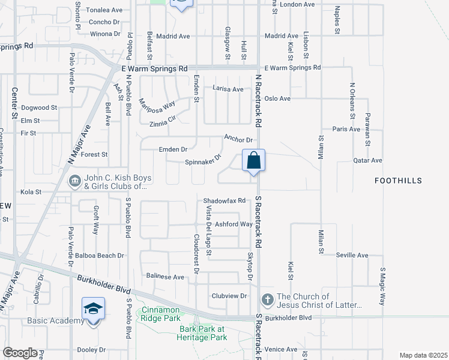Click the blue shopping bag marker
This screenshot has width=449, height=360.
click(x=254, y=161)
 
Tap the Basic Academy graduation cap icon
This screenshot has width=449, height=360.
click(x=93, y=309)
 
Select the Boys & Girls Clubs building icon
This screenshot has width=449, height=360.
click(x=74, y=179)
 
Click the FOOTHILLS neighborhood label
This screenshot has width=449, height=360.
click(x=398, y=181)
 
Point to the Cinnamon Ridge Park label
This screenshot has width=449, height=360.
click(x=161, y=314)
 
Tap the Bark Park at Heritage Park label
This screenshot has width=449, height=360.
click(x=203, y=334)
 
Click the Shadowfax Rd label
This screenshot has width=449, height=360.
click(x=224, y=200)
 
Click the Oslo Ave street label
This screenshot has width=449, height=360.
click(x=277, y=98)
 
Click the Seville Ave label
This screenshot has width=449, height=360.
click(x=352, y=255)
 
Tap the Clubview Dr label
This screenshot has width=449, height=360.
click(x=229, y=296)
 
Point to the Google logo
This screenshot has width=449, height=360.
click(x=20, y=353)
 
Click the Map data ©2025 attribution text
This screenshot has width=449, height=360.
click(x=423, y=355)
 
